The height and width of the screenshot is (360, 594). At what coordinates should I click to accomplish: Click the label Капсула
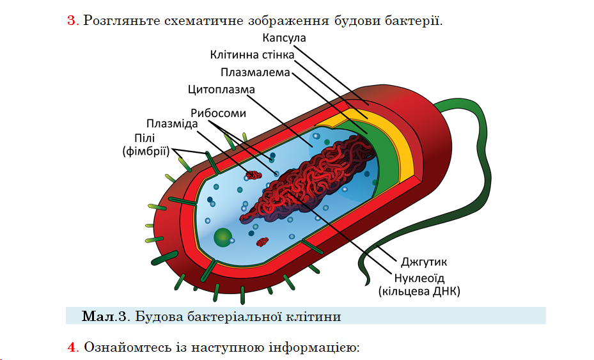pos(284,38)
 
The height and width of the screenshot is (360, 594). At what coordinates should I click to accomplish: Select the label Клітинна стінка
pos(252,55)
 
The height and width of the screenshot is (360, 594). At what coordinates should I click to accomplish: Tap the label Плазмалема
pos(255,72)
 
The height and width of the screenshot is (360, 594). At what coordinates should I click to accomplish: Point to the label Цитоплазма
pos(222,90)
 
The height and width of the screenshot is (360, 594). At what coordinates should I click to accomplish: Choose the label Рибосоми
pos(218,113)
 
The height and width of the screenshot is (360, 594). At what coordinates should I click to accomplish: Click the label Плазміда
pos(172,124)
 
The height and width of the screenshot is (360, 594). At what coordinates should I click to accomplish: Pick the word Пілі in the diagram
pos(145,138)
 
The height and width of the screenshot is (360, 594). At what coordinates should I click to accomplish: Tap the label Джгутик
pos(424,262)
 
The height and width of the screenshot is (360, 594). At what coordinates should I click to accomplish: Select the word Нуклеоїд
pos(419,278)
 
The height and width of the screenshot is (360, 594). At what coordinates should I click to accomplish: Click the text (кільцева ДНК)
pos(419,292)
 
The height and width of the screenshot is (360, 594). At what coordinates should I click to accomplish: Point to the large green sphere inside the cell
pos(223,237)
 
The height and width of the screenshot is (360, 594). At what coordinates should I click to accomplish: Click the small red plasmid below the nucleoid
pos(263,242)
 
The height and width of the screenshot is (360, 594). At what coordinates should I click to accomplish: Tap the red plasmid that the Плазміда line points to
pos(254,175)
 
